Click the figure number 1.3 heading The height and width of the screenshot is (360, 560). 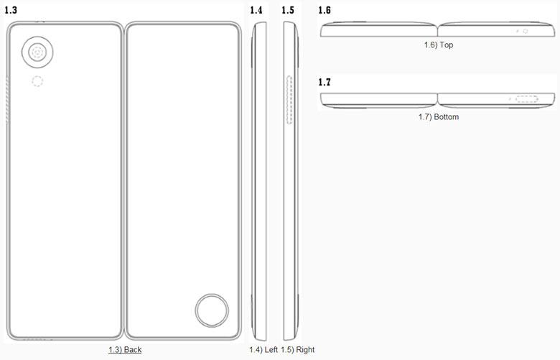[x=11, y=10]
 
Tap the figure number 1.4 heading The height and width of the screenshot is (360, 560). [x=256, y=10]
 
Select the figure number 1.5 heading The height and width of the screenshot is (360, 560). [x=288, y=10]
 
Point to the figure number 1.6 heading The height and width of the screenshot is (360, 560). [x=325, y=10]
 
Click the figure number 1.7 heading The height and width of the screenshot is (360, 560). [x=325, y=82]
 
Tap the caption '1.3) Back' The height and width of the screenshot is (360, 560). [x=125, y=350]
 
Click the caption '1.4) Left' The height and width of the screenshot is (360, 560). [x=263, y=350]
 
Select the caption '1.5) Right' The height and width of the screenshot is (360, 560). [x=297, y=350]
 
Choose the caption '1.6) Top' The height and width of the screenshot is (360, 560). [x=439, y=45]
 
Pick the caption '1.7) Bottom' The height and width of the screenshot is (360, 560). [x=439, y=117]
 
